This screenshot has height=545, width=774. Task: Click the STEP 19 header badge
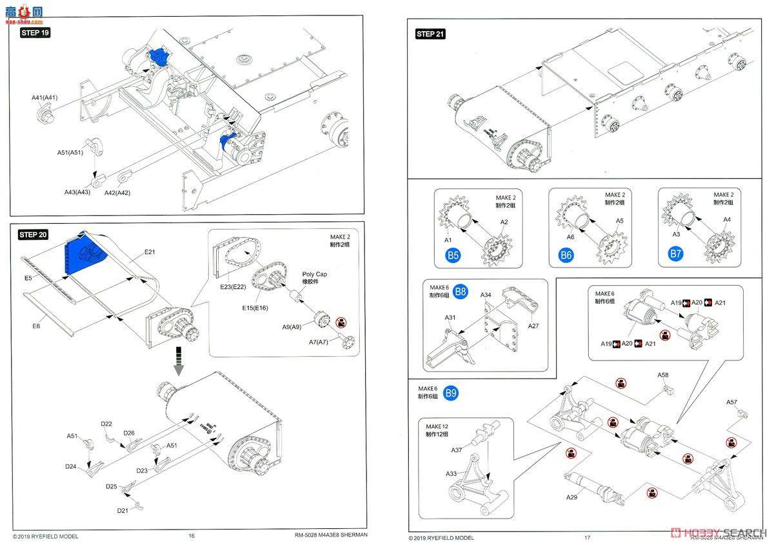pos(35,33)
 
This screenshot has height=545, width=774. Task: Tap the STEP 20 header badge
pos(34,235)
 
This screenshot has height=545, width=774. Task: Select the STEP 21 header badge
pos(430,34)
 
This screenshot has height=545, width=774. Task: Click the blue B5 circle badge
pos(453,255)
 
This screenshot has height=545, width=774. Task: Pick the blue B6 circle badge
pos(566,255)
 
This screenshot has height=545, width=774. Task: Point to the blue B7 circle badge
pos(675,254)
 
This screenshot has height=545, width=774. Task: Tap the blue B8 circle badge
pos(461,292)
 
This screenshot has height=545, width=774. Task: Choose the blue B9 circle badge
pos(451,393)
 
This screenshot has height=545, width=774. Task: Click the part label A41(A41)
pos(45,97)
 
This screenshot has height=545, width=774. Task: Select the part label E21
pos(150,252)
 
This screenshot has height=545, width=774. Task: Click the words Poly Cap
pos(315,274)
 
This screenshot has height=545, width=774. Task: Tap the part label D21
pos(123,510)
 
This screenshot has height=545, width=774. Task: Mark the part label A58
pos(663,375)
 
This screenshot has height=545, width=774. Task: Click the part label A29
pos(571,497)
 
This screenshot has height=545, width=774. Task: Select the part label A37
pos(457,450)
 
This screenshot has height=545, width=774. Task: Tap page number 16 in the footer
pos(191,535)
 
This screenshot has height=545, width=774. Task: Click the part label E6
pos(36,326)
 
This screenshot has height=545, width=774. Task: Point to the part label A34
pos(486,295)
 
